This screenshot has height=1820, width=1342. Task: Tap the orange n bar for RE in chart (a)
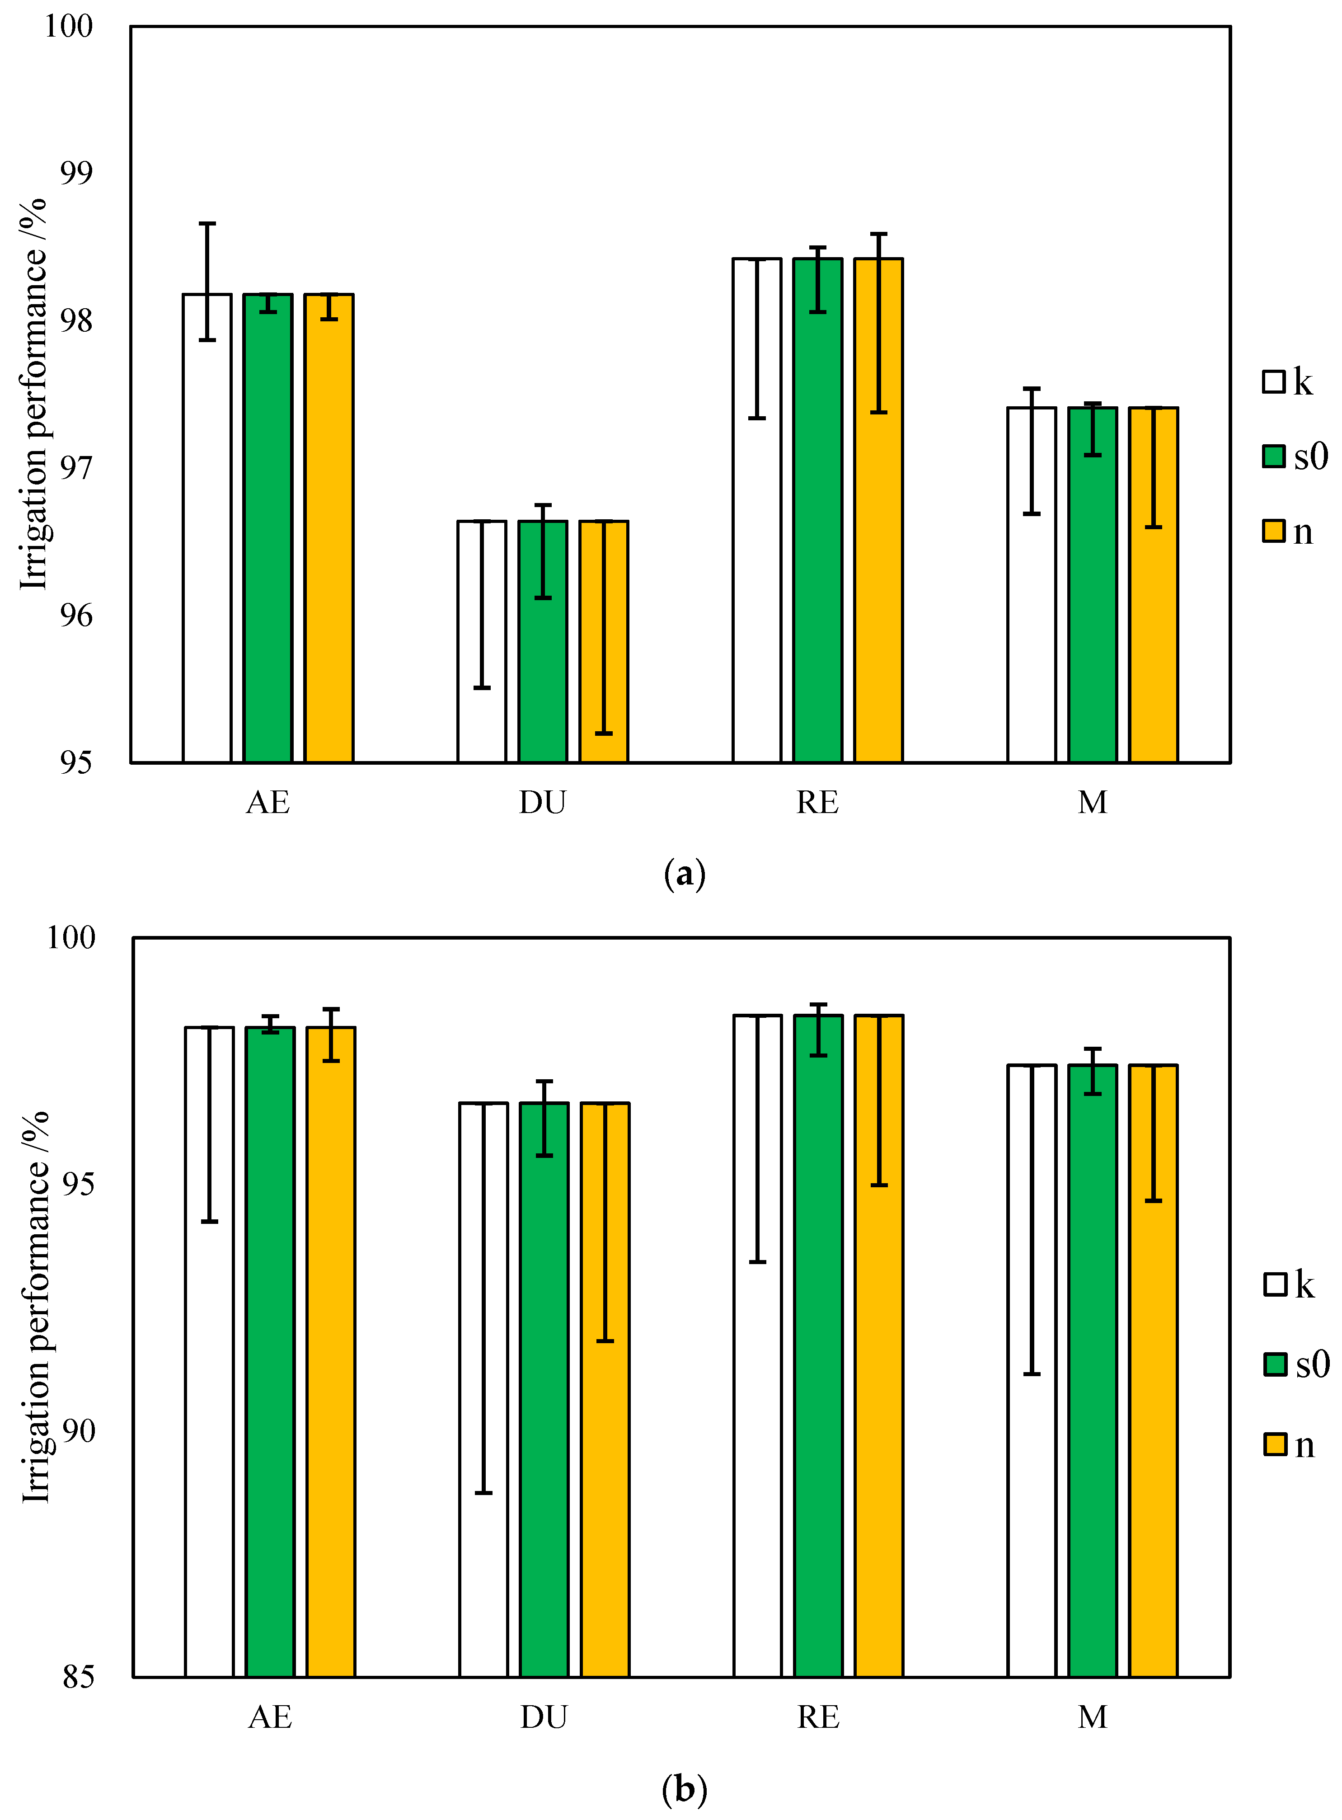(878, 569)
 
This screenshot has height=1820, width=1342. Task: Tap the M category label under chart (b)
(1093, 1717)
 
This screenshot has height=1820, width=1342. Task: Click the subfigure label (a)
(684, 874)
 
